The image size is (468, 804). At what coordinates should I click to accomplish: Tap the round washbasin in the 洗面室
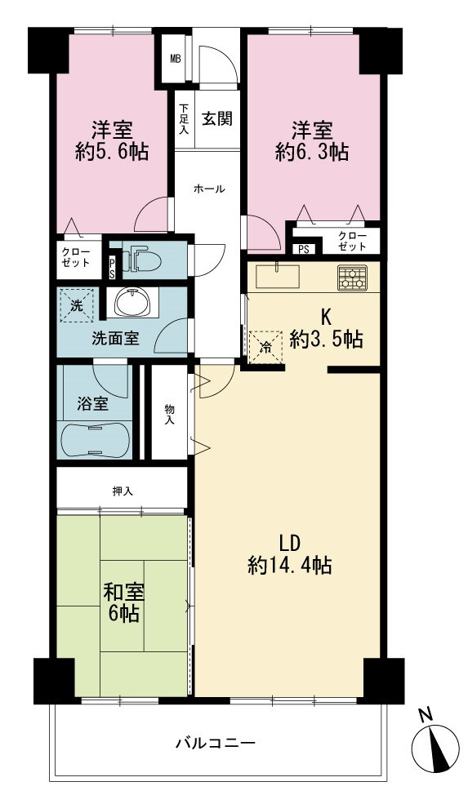(132, 302)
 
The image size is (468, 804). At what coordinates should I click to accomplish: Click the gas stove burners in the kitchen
(352, 278)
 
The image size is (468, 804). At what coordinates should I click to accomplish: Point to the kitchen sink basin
(278, 277)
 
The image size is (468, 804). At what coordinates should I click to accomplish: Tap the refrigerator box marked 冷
(265, 347)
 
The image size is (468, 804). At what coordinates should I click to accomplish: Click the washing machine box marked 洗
(77, 306)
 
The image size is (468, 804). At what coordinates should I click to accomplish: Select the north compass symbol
(435, 743)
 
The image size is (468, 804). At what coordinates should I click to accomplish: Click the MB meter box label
(176, 58)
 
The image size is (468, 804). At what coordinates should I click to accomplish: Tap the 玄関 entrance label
(216, 119)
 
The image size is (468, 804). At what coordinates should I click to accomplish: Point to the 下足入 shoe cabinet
(184, 119)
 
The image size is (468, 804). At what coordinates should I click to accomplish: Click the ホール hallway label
(209, 189)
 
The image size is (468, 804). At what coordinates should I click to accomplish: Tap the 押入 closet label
(123, 491)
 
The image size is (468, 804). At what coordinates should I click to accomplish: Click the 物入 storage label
(169, 415)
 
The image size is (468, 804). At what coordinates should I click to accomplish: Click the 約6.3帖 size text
(313, 152)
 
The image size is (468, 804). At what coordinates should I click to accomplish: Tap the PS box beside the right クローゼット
(304, 250)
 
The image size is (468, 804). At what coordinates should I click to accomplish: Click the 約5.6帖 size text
(112, 152)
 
